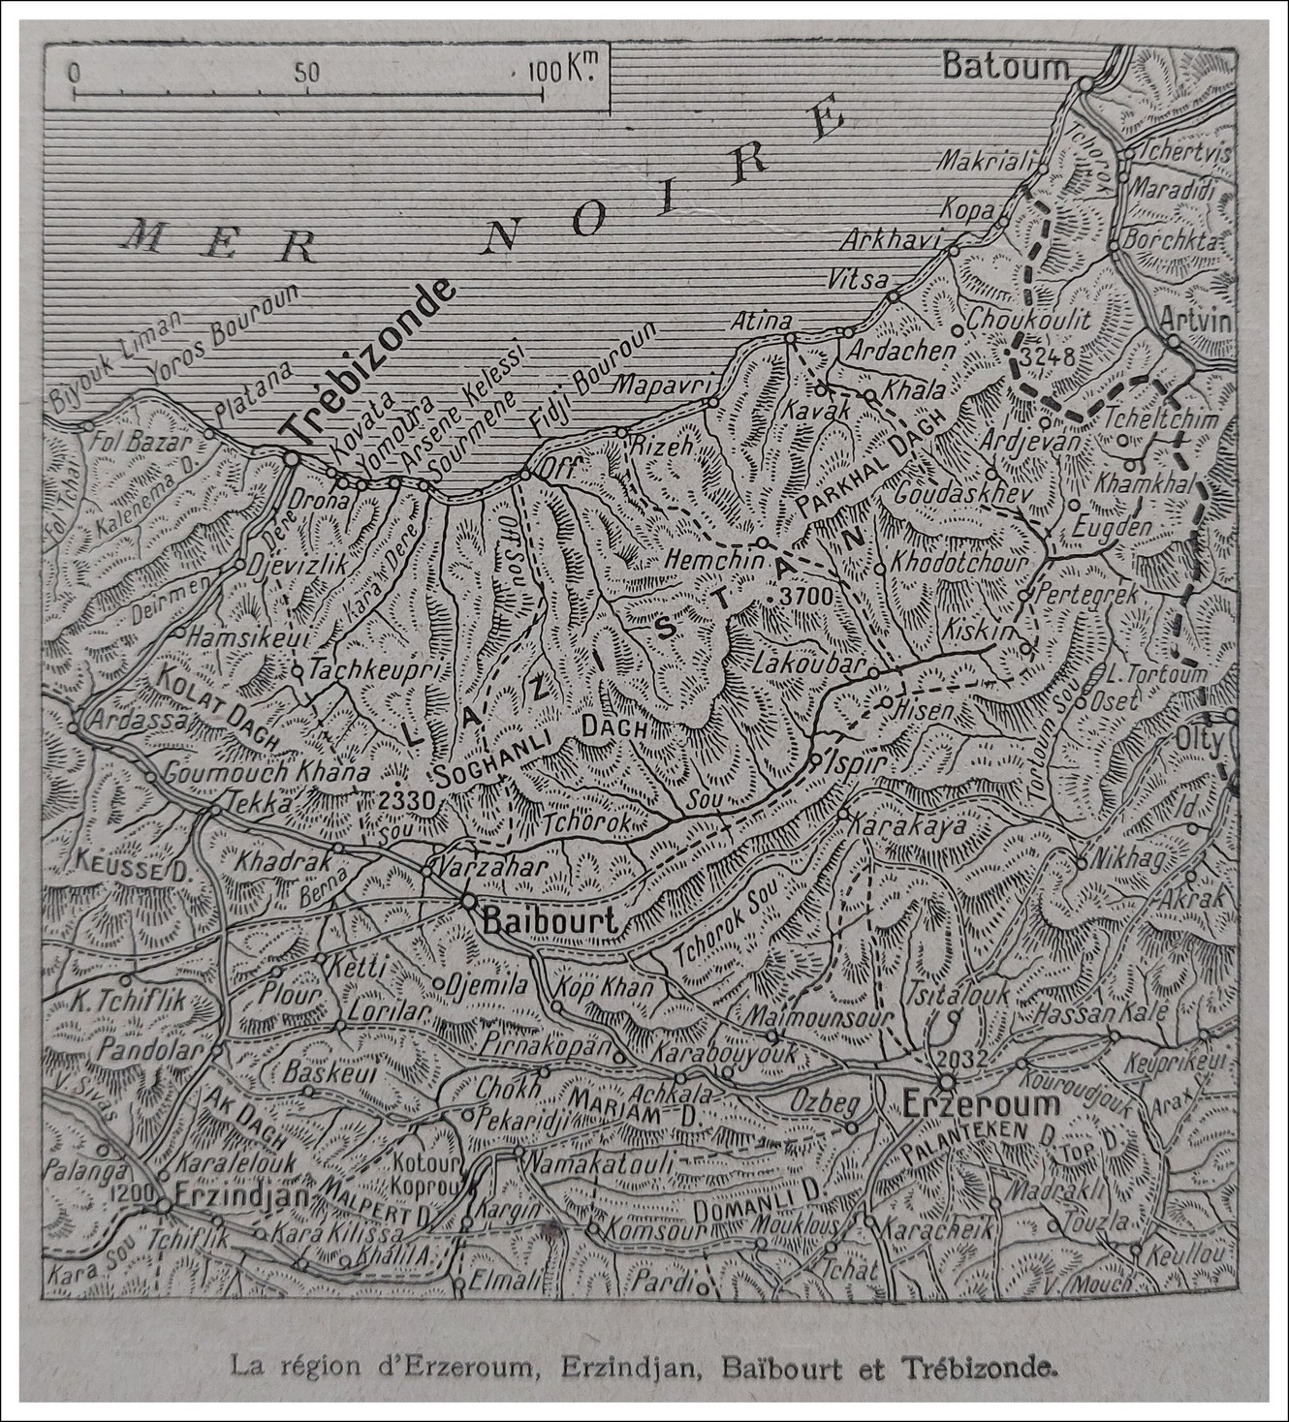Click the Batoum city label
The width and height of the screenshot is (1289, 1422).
click(x=1005, y=67)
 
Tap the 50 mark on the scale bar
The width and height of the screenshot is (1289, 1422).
click(x=307, y=73)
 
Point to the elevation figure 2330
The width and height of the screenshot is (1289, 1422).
click(x=404, y=801)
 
